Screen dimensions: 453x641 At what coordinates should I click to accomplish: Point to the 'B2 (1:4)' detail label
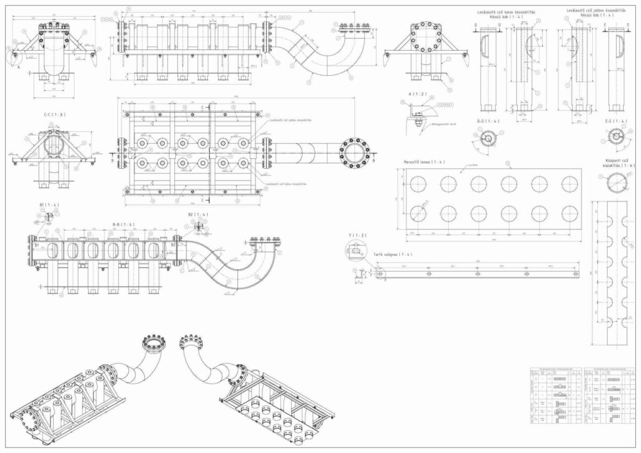[x=197, y=214]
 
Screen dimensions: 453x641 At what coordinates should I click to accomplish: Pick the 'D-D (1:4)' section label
[x=486, y=121]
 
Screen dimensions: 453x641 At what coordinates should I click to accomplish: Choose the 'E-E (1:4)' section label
[x=616, y=121]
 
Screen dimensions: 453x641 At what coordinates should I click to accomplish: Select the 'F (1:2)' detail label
[x=355, y=235]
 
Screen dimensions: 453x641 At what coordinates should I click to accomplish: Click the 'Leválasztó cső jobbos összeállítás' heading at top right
[x=595, y=11]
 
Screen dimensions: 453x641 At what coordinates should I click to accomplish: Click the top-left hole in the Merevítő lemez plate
[x=418, y=184]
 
